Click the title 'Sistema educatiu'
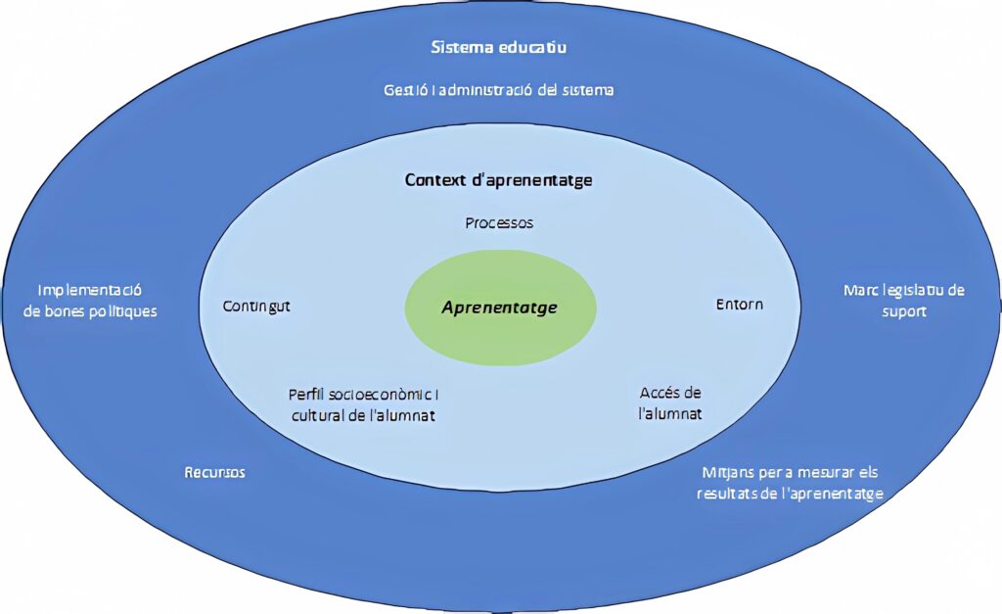tap(499, 47)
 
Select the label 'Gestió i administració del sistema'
tap(498, 90)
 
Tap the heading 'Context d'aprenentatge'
tap(498, 180)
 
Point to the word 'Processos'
tap(499, 223)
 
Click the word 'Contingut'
tap(256, 306)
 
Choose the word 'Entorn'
tap(739, 305)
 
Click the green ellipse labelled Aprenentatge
tap(499, 307)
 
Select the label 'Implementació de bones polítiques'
tap(90, 301)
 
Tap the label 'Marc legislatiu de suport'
tap(903, 301)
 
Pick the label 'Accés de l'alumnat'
tap(670, 403)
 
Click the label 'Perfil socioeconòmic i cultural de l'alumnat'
tap(363, 404)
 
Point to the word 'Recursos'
tap(214, 473)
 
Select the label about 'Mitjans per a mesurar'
tap(790, 483)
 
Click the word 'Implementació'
tap(90, 291)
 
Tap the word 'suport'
tap(903, 311)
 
